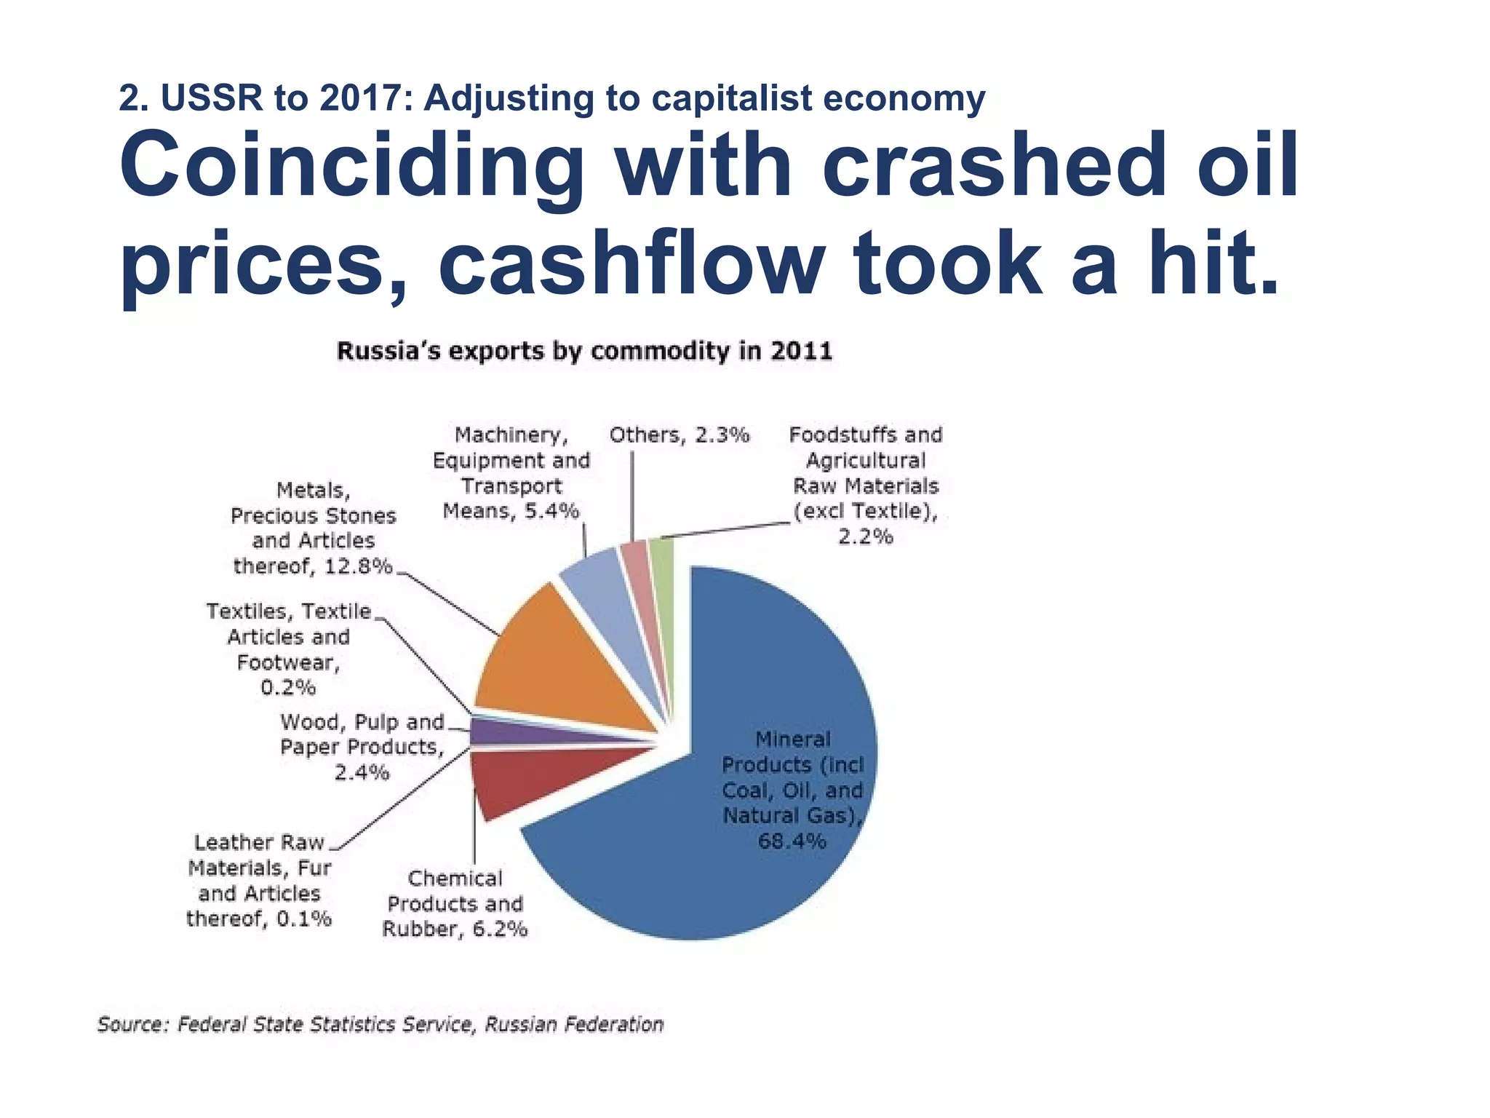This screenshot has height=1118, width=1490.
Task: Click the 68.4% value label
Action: click(x=792, y=841)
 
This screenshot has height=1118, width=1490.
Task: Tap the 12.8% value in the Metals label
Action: click(x=358, y=566)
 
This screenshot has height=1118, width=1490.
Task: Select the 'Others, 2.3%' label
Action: click(x=679, y=435)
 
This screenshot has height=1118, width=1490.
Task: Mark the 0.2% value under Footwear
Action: click(x=288, y=687)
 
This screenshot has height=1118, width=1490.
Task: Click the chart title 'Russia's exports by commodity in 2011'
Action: click(x=584, y=351)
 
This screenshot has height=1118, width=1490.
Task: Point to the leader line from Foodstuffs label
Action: click(x=728, y=530)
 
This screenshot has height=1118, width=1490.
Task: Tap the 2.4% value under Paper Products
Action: click(x=362, y=772)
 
